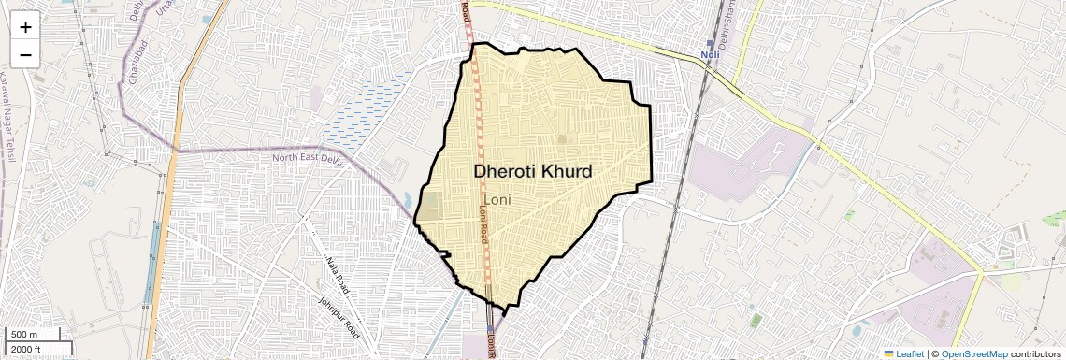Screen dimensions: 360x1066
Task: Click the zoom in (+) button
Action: tap(25, 27)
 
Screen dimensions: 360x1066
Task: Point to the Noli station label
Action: tap(713, 55)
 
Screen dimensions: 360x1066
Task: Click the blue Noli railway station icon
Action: tap(709, 43)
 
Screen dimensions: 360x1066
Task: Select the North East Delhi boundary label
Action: tap(308, 157)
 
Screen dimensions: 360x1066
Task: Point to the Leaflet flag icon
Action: tap(889, 353)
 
